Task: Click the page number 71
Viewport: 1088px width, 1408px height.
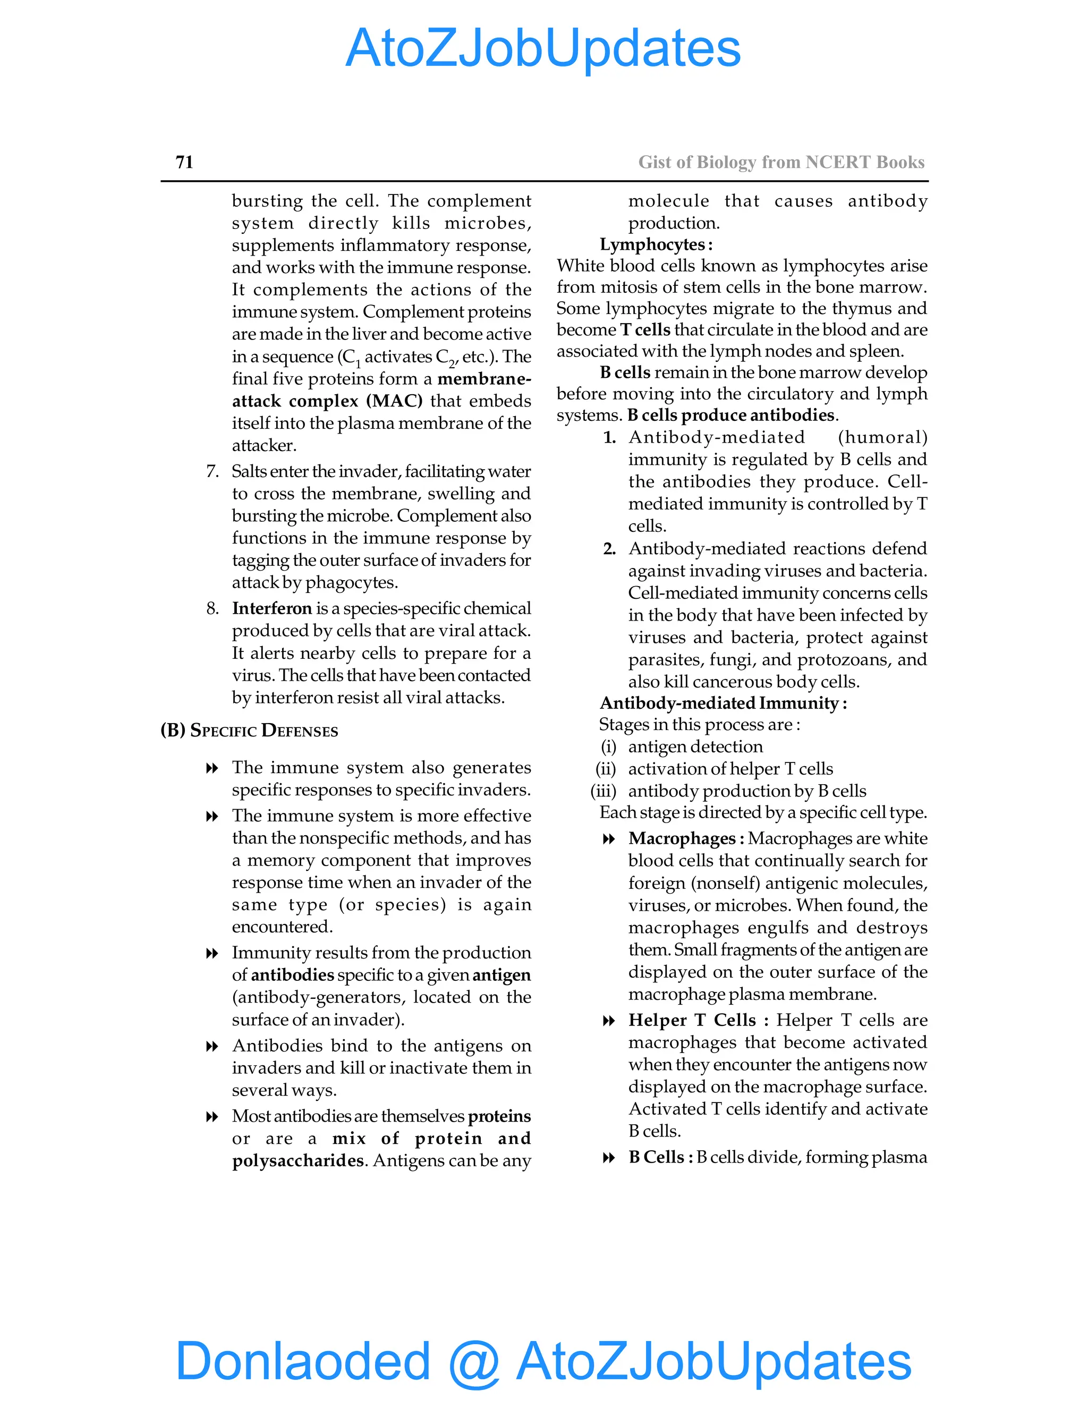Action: (x=184, y=162)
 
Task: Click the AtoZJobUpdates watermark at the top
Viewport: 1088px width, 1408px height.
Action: (x=543, y=48)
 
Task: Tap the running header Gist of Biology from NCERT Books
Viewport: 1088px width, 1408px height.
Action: (x=780, y=162)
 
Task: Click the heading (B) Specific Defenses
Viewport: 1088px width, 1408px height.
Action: (x=250, y=731)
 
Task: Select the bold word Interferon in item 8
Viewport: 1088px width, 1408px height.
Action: (x=271, y=608)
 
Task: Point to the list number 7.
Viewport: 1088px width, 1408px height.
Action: (x=212, y=471)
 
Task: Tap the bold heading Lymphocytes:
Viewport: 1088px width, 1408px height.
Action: (x=656, y=244)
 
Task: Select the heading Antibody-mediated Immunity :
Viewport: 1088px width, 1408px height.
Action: (x=722, y=703)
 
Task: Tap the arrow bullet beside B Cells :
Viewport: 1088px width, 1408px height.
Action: (x=608, y=1158)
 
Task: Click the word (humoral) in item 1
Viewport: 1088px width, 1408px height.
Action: (x=882, y=437)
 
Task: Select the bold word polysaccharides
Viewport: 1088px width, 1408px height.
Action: (x=299, y=1160)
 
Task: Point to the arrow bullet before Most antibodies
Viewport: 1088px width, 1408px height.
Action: (x=211, y=1117)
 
